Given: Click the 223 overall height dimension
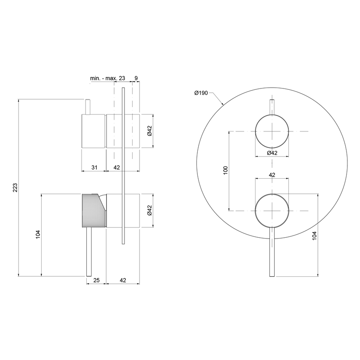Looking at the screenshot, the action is coord(15,187).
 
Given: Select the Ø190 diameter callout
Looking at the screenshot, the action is coord(201,93).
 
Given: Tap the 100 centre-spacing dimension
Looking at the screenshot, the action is coord(226,170).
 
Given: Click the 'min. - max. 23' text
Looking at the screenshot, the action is coord(108,79).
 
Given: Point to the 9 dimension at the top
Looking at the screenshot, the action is coord(136,79).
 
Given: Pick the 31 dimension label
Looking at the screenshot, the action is coord(95,167).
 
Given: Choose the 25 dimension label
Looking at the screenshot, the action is coord(96,280).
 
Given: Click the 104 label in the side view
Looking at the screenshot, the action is coord(38,234).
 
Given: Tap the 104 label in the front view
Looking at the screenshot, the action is coord(314,236).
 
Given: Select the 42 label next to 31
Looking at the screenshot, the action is coord(117,167).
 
